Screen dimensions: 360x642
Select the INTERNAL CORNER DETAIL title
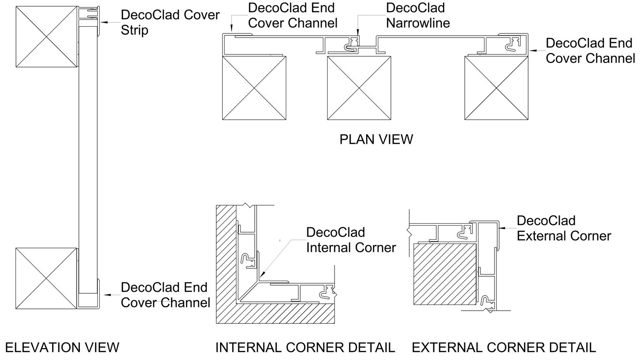(x=305, y=348)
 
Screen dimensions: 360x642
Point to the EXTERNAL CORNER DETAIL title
(x=504, y=348)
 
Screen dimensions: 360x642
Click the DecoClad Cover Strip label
(x=170, y=23)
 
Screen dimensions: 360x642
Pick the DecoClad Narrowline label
(x=417, y=15)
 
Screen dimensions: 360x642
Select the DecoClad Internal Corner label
(x=351, y=240)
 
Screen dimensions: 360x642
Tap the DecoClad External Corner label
(x=564, y=228)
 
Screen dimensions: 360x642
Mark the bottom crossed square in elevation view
(x=46, y=278)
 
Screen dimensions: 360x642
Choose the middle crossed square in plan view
(x=359, y=87)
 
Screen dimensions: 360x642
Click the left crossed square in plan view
(x=254, y=87)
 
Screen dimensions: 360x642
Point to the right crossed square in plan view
(x=496, y=87)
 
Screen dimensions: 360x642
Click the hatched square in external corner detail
(x=444, y=274)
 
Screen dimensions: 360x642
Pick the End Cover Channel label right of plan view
(x=589, y=51)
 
